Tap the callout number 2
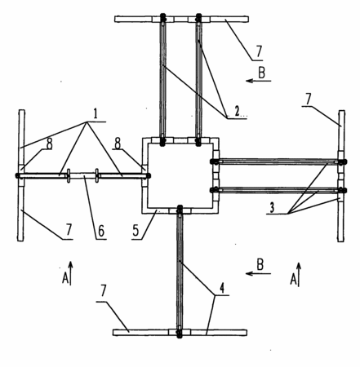click(237, 111)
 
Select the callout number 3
click(272, 208)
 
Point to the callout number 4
click(222, 288)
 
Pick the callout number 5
click(136, 231)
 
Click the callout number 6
click(101, 231)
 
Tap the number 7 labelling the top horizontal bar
click(259, 51)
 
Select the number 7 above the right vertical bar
click(308, 99)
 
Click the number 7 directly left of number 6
click(69, 230)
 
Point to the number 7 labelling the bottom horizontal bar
click(103, 292)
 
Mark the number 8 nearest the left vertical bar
click(49, 144)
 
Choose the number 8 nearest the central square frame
click(118, 144)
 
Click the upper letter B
click(261, 73)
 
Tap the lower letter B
click(260, 265)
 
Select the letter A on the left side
click(65, 278)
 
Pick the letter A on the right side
click(293, 279)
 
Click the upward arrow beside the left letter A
click(70, 273)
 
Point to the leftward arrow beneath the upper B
click(259, 81)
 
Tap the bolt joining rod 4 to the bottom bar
click(179, 333)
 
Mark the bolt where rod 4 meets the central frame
click(180, 209)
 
